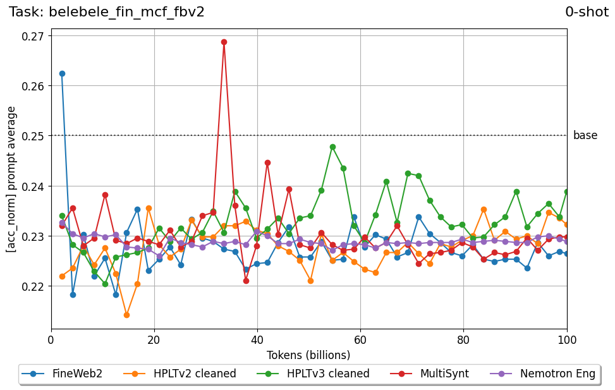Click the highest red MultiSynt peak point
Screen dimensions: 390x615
224,42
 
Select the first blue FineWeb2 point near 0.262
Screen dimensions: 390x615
62,73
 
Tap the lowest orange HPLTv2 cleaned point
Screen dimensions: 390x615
126,315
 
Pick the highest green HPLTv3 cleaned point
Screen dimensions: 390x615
332,147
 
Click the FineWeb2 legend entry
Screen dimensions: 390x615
61,374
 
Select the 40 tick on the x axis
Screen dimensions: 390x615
257,339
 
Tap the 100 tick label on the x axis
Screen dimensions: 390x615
567,339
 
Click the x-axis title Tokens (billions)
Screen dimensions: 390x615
308,355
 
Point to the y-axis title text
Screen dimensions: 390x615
11,180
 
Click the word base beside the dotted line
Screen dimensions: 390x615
585,135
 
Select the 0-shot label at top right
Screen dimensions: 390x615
587,12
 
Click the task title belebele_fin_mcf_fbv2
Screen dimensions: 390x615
107,12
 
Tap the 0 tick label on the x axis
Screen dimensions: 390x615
51,339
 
